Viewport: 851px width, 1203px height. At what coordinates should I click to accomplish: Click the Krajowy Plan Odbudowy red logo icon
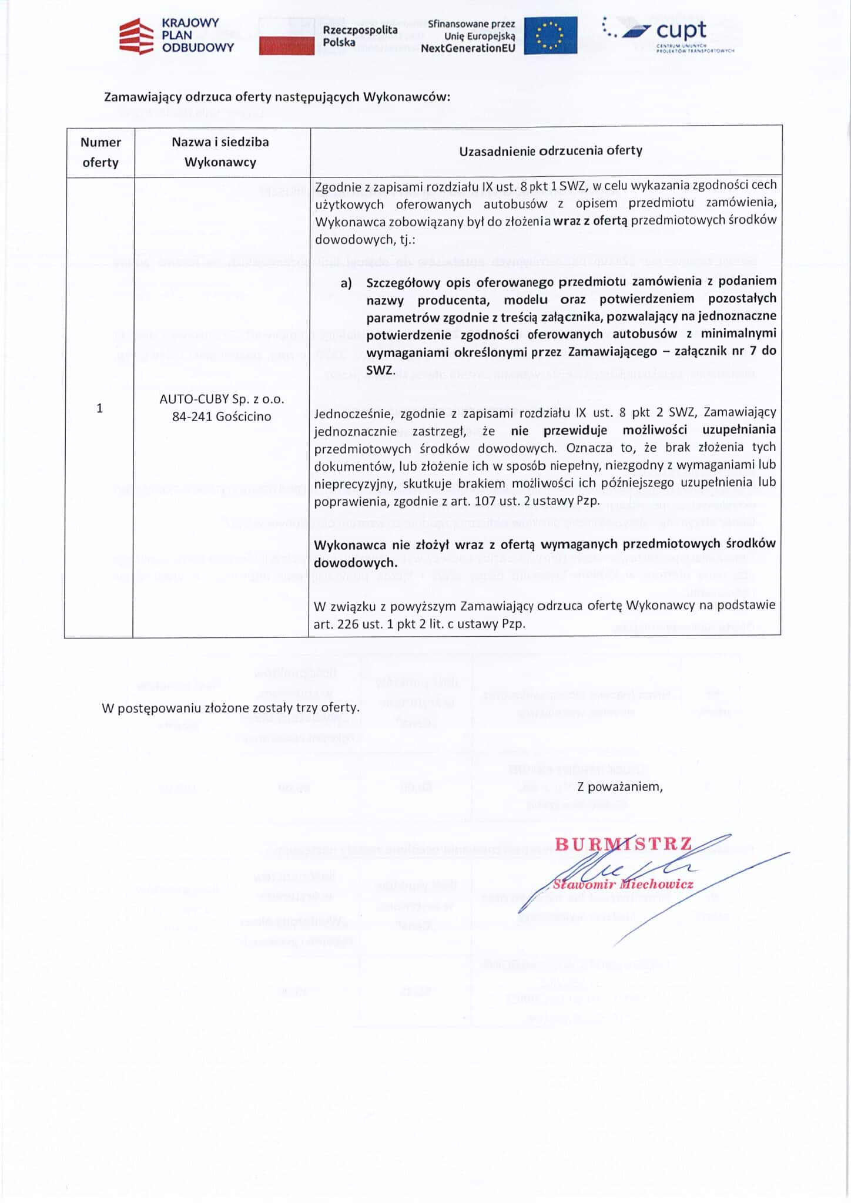point(137,36)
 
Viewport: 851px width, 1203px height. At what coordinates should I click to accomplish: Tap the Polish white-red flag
point(286,36)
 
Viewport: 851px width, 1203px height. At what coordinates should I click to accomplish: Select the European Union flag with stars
point(550,36)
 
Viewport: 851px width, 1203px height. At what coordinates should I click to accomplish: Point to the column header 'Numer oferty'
point(100,152)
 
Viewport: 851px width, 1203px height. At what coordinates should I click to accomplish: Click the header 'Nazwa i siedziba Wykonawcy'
point(220,152)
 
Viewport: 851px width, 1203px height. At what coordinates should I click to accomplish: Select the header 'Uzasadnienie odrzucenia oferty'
point(550,150)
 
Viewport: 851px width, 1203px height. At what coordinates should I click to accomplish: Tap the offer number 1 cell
point(99,408)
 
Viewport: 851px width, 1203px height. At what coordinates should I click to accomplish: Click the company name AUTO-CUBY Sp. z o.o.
point(222,399)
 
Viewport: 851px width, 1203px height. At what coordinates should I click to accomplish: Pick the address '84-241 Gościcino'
point(222,416)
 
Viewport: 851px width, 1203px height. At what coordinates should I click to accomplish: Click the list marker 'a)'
point(346,283)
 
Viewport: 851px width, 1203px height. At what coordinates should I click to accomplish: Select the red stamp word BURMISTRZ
point(623,844)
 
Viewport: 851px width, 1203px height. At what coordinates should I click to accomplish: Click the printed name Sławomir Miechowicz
point(623,884)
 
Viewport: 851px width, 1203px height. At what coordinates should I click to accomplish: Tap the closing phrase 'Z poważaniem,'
point(619,786)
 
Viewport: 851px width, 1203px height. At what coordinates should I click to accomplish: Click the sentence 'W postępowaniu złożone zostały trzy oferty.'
point(230,707)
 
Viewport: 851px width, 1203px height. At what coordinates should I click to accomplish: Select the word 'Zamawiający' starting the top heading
point(143,97)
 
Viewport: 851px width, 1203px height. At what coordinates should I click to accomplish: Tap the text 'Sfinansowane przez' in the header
point(471,25)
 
